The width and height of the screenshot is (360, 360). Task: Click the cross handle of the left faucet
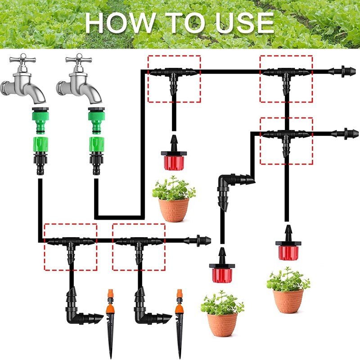(23, 59)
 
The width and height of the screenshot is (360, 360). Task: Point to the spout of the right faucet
(94, 94)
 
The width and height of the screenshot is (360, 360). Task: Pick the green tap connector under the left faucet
(40, 120)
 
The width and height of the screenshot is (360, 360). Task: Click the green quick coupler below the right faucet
(96, 144)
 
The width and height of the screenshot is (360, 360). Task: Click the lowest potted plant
(222, 314)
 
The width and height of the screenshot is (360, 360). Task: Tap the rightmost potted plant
(288, 290)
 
